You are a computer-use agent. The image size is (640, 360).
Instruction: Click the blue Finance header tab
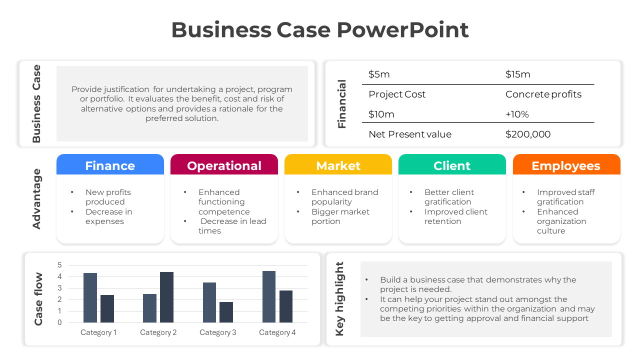110,164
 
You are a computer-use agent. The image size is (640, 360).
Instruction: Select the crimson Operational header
224,164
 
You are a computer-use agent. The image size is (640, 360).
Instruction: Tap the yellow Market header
338,164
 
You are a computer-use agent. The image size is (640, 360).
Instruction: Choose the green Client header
452,164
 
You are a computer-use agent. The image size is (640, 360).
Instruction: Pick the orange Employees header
566,164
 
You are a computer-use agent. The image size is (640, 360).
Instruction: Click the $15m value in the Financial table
517,74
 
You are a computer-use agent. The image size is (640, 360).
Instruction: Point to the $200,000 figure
528,134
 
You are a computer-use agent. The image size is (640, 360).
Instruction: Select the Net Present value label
410,134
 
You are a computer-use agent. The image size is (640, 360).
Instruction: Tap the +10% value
517,114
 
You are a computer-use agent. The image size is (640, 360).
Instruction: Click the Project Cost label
397,94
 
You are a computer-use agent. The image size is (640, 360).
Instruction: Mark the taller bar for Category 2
166,297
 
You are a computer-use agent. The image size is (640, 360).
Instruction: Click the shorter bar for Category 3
226,312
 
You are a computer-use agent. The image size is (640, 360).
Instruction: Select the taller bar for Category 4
269,297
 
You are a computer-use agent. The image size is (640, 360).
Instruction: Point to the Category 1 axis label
98,332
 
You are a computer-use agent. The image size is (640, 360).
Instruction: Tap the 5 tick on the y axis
59,265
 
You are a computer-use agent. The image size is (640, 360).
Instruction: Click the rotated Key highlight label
339,299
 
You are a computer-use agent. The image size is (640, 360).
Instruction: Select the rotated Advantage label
36,199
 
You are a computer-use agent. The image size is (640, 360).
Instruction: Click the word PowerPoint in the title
403,29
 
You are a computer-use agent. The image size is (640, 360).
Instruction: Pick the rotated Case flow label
38,299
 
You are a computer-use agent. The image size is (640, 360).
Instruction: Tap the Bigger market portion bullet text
340,216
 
